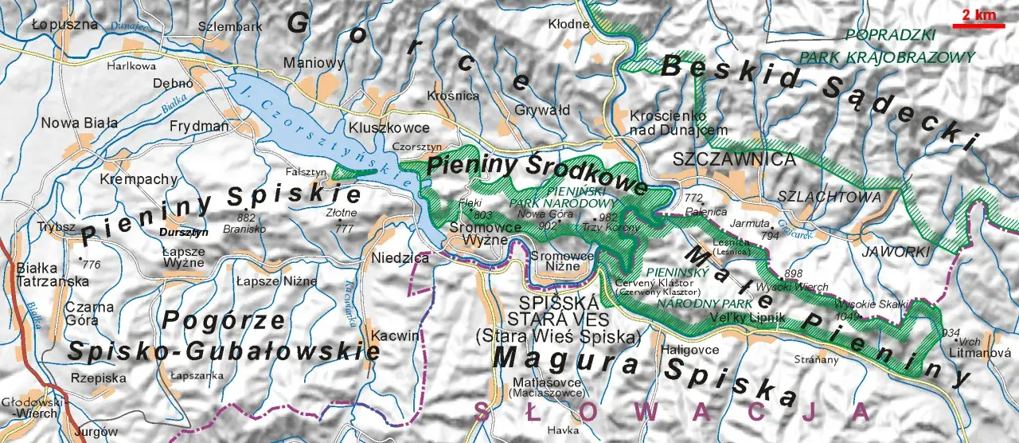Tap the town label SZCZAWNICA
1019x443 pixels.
(734, 159)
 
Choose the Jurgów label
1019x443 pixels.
(90, 432)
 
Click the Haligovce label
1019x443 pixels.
(690, 350)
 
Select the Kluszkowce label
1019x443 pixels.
(388, 127)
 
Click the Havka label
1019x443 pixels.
(563, 430)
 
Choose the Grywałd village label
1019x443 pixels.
(542, 109)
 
